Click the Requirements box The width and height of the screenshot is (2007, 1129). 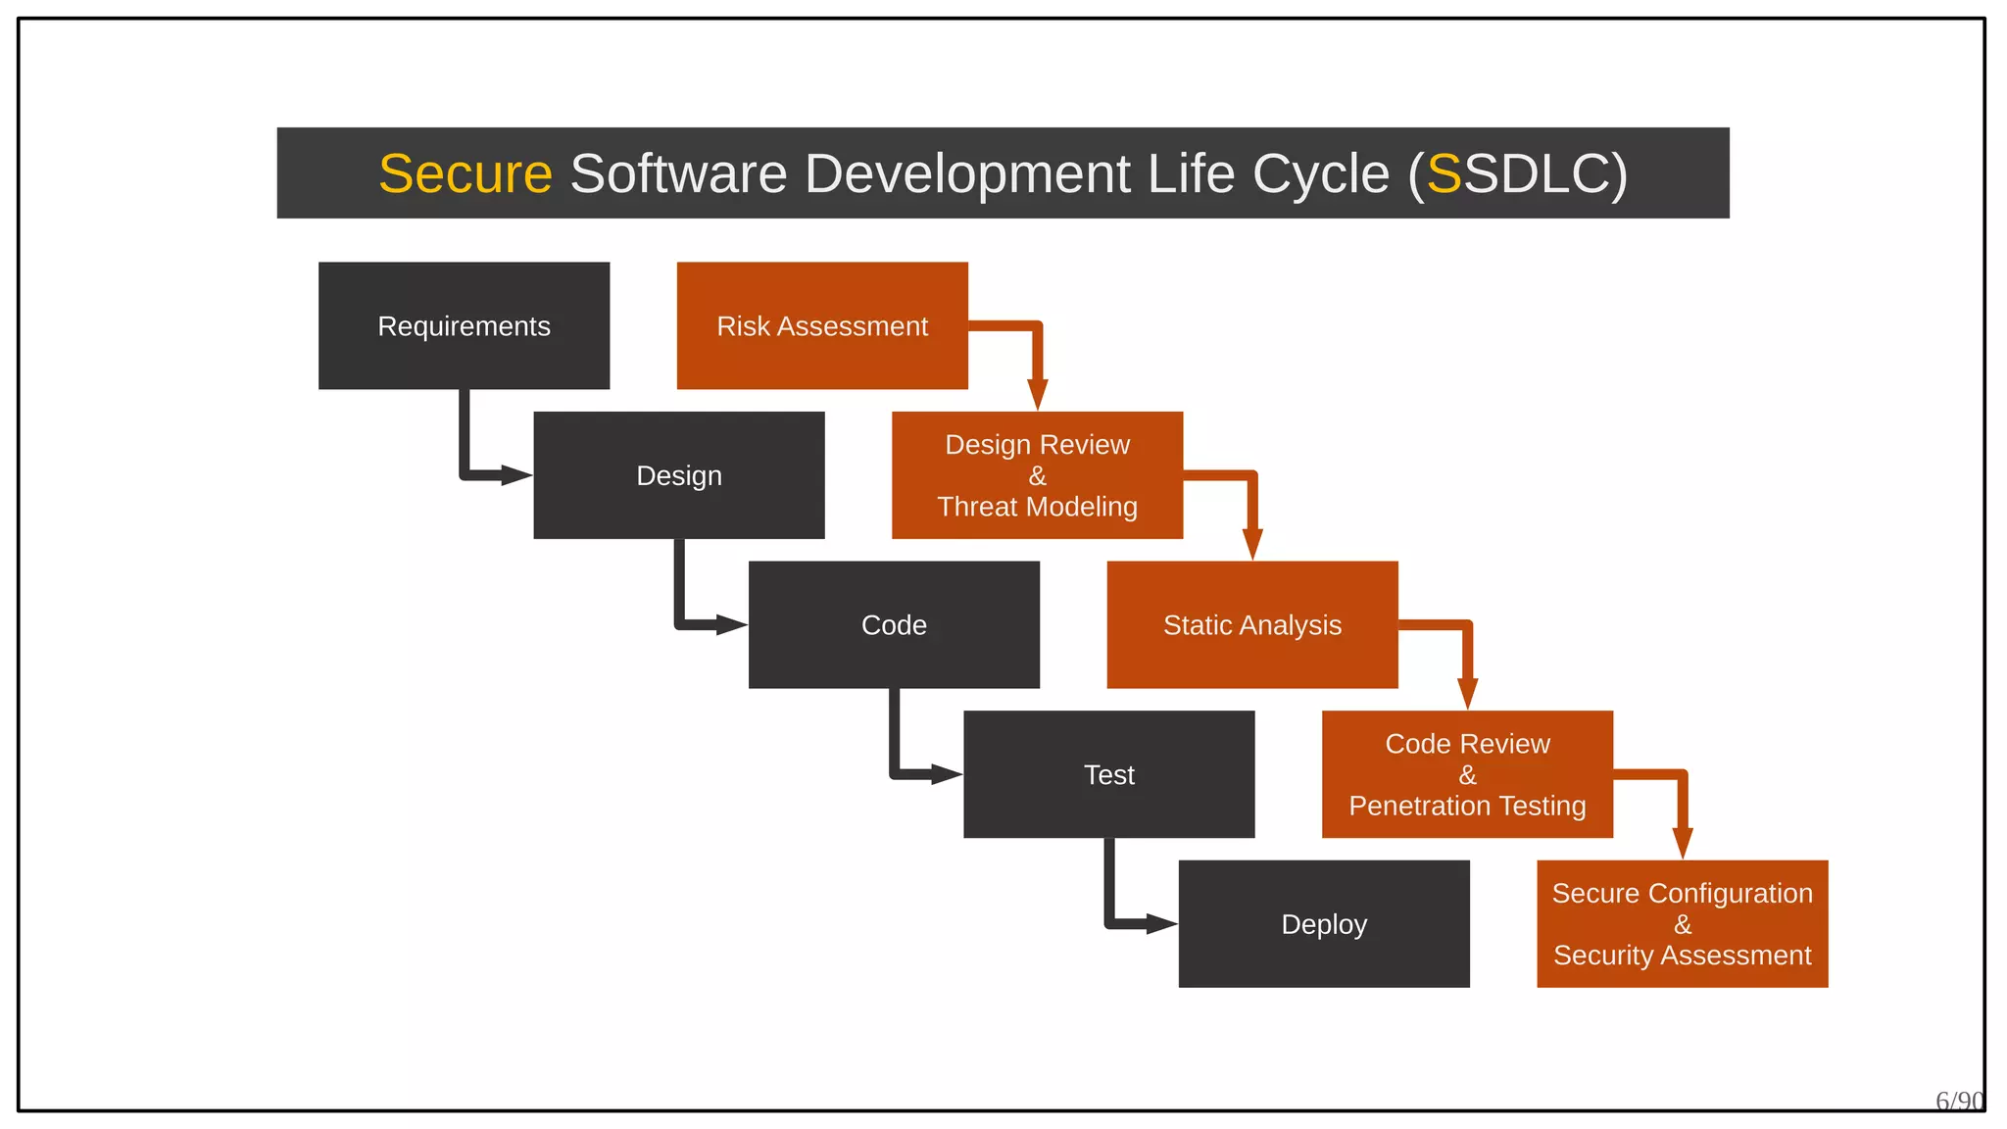click(x=464, y=325)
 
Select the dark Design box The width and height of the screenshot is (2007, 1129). click(x=678, y=475)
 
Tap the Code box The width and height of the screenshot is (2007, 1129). click(x=894, y=625)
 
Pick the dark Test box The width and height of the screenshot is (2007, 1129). click(x=1108, y=774)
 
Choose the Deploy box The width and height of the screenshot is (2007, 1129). click(x=1323, y=924)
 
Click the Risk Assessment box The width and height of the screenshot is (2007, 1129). click(x=822, y=325)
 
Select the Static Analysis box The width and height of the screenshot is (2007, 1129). click(x=1251, y=625)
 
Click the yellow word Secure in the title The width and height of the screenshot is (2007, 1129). click(x=465, y=173)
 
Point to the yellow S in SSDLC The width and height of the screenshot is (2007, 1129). click(x=1444, y=173)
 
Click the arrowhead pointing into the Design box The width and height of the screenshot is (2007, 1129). click(x=516, y=475)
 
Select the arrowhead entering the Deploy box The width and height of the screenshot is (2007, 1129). click(x=1161, y=923)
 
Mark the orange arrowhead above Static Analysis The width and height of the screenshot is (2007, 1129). click(x=1252, y=544)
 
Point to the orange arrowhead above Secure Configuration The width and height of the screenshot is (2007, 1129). click(x=1683, y=843)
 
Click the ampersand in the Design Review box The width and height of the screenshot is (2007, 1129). click(x=1038, y=476)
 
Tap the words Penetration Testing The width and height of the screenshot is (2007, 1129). click(x=1467, y=806)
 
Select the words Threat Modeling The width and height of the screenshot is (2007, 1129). click(x=1038, y=507)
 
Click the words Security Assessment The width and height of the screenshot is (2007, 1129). click(x=1683, y=956)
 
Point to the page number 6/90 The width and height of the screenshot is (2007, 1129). click(x=1959, y=1102)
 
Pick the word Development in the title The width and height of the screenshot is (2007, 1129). click(x=967, y=173)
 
